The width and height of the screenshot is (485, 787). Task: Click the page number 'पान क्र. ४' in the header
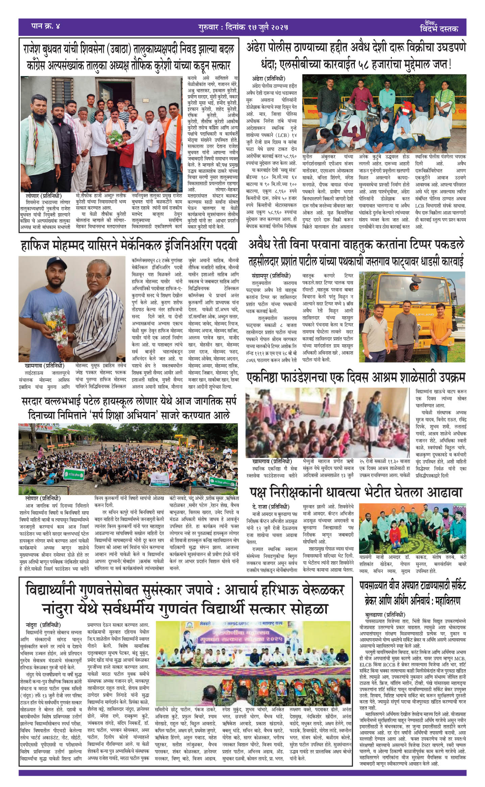pyautogui.click(x=45, y=26)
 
